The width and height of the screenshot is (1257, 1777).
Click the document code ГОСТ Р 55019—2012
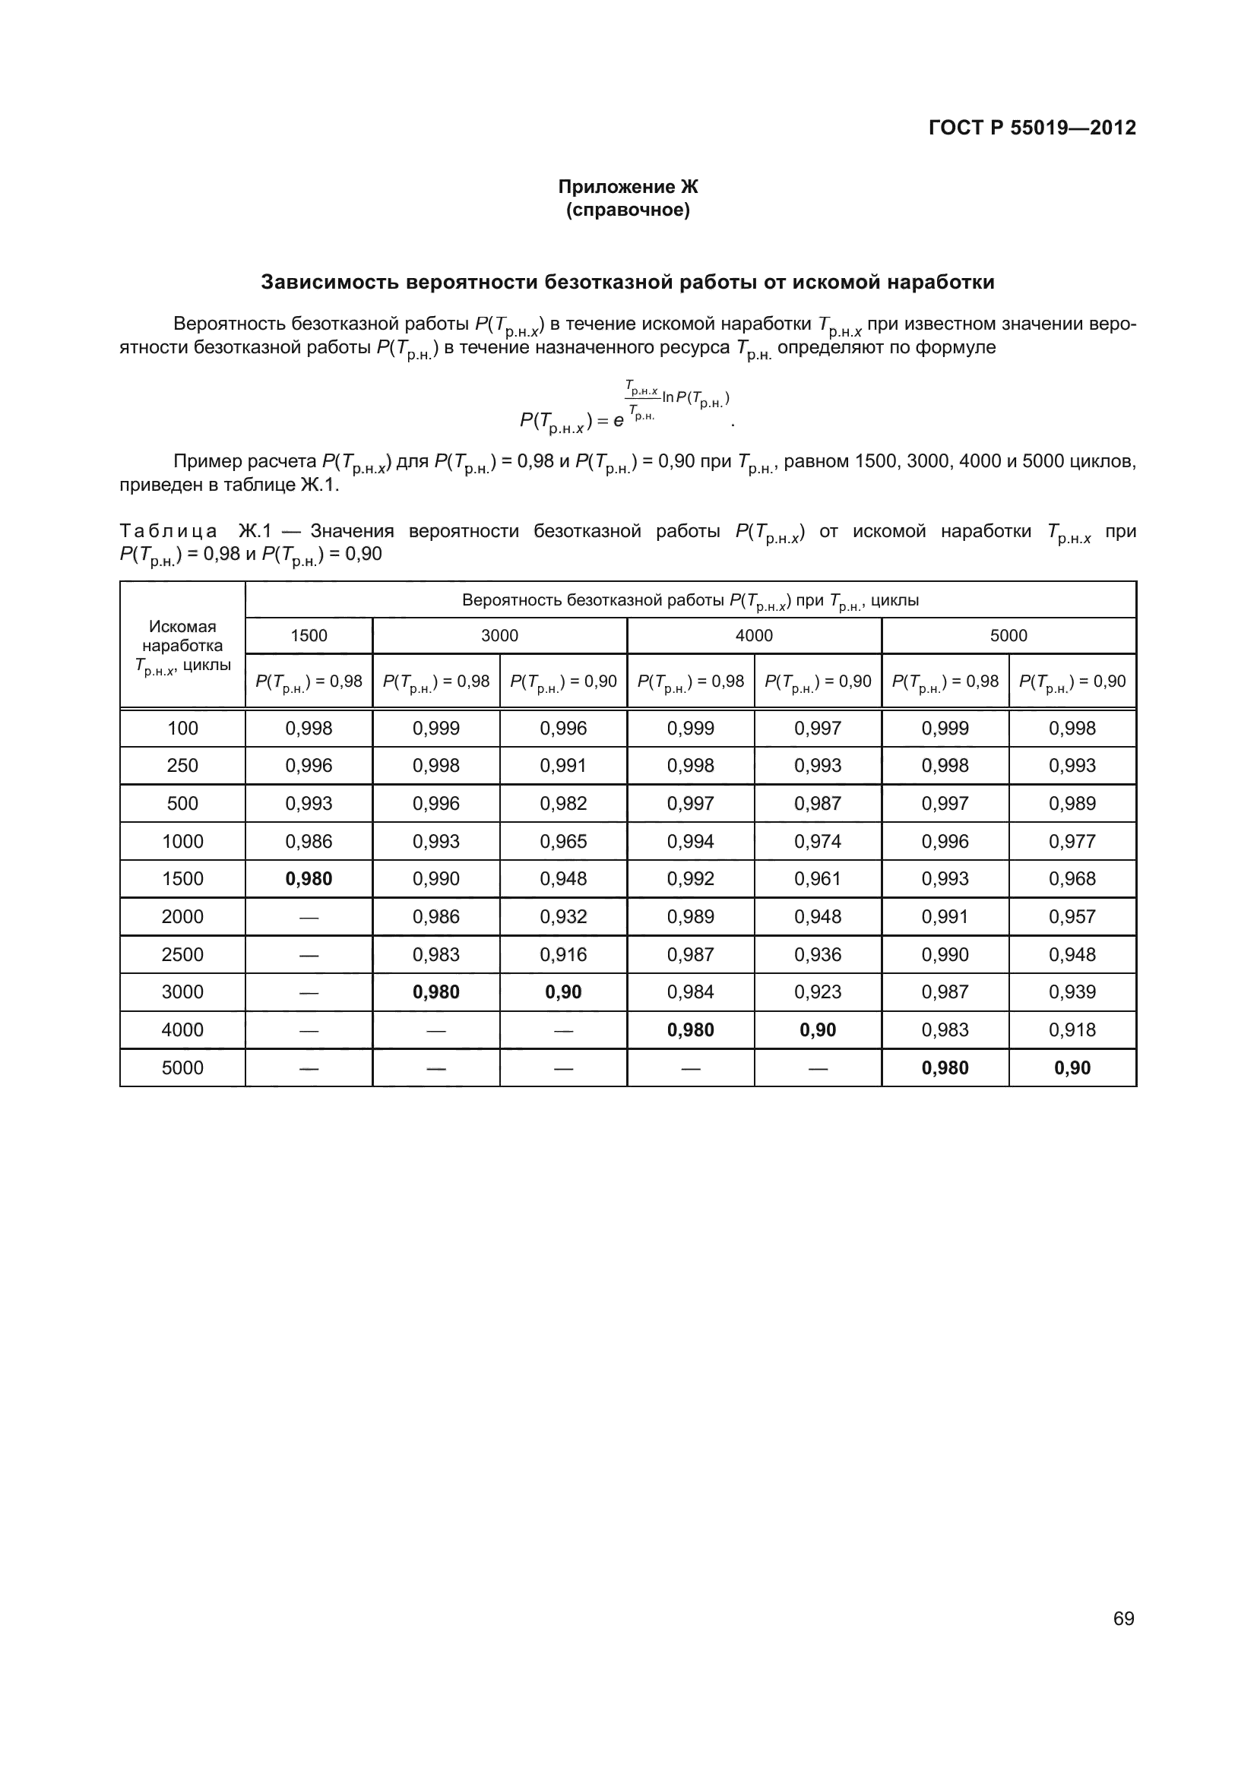(1032, 128)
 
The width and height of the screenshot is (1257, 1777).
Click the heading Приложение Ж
(628, 187)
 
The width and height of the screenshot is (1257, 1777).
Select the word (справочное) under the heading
(628, 210)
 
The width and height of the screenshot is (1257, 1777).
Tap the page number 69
(1123, 1618)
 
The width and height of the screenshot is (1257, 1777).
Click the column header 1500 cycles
(309, 635)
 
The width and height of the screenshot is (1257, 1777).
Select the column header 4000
(754, 635)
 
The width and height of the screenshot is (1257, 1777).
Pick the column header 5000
(1008, 635)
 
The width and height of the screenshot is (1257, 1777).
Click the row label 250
(182, 766)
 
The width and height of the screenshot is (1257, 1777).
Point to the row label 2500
(182, 954)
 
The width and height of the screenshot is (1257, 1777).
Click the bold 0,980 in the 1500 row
(309, 878)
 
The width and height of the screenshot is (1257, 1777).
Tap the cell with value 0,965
(563, 841)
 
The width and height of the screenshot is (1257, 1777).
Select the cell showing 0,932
(563, 916)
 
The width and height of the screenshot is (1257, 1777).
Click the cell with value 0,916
(563, 954)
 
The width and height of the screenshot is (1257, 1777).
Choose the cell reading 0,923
(818, 991)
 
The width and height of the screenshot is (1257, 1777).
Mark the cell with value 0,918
(1072, 1029)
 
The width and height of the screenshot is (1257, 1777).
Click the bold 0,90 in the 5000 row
(1072, 1067)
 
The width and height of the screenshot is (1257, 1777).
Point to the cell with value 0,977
(1072, 841)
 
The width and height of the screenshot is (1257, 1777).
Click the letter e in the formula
(618, 421)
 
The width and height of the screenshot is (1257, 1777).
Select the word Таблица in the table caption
(169, 531)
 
